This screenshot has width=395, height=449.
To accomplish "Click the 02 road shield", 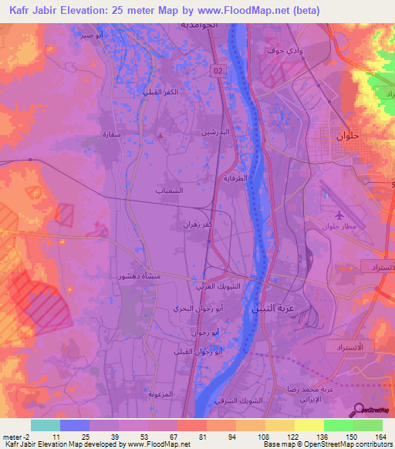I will pyautogui.click(x=220, y=71).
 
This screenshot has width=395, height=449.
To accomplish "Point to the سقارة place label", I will pyautogui.click(x=113, y=133).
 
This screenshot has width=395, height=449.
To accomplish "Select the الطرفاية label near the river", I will pyautogui.click(x=239, y=177).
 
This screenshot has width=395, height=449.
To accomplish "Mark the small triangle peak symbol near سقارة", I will pyautogui.click(x=160, y=136).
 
